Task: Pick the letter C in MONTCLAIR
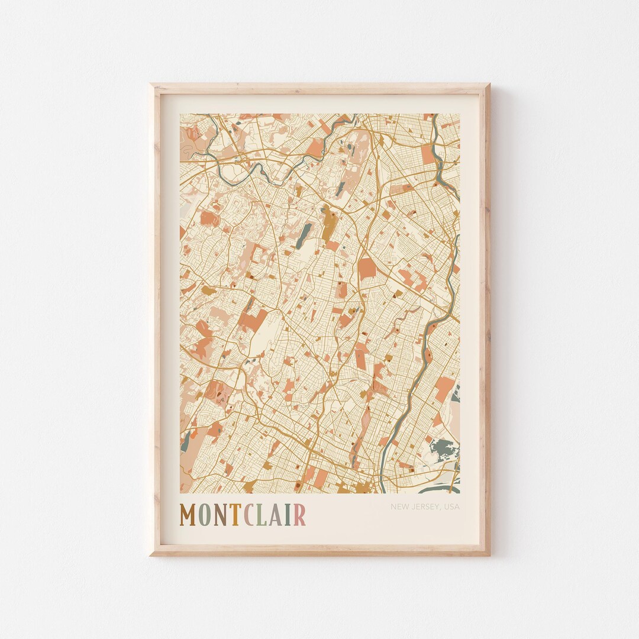point(250,515)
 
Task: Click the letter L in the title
point(262,515)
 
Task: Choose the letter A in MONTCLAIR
point(275,515)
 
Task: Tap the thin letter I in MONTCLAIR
point(287,515)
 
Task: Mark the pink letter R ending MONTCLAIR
point(299,515)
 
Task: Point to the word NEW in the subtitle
point(399,506)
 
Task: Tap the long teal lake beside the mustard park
point(305,234)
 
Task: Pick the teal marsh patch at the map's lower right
point(443,449)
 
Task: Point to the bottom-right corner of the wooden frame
point(488,554)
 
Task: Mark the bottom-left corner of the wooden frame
point(151,554)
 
